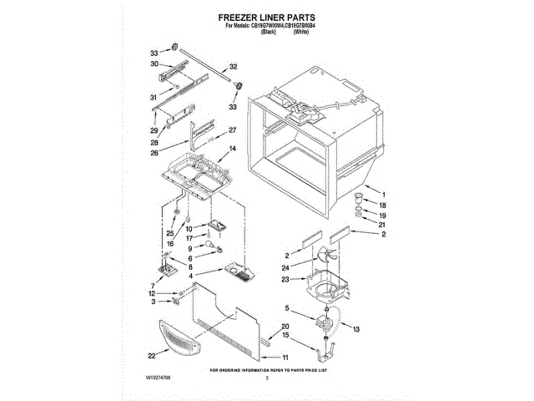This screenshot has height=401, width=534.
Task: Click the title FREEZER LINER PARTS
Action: pyautogui.click(x=267, y=16)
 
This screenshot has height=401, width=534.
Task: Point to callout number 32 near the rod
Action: pyautogui.click(x=234, y=66)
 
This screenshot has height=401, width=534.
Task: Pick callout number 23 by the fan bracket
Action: pyautogui.click(x=285, y=279)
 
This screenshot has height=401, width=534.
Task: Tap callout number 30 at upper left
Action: pyautogui.click(x=154, y=64)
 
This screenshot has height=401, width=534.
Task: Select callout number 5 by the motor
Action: pyautogui.click(x=289, y=309)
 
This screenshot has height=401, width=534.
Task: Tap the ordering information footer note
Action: pyautogui.click(x=266, y=368)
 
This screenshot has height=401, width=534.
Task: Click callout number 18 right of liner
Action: pyautogui.click(x=383, y=205)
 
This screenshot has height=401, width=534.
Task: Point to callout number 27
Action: pyautogui.click(x=233, y=129)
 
